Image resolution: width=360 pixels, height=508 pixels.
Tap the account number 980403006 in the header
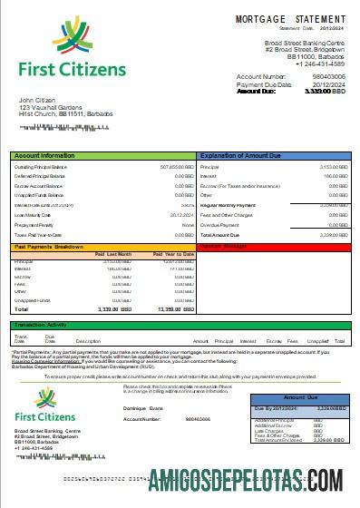click(330, 77)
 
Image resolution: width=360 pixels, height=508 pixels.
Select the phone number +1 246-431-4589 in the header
click(296, 63)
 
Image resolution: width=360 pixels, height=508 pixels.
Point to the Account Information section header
click(45, 156)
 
